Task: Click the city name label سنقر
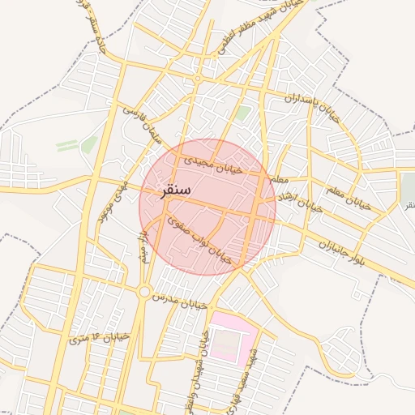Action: [x=176, y=191]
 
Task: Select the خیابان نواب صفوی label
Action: [x=199, y=239]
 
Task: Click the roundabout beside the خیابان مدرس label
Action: [x=144, y=291]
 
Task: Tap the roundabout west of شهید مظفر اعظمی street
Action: [x=197, y=78]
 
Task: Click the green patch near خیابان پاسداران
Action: [x=242, y=113]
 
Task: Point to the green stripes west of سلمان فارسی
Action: [x=68, y=144]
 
